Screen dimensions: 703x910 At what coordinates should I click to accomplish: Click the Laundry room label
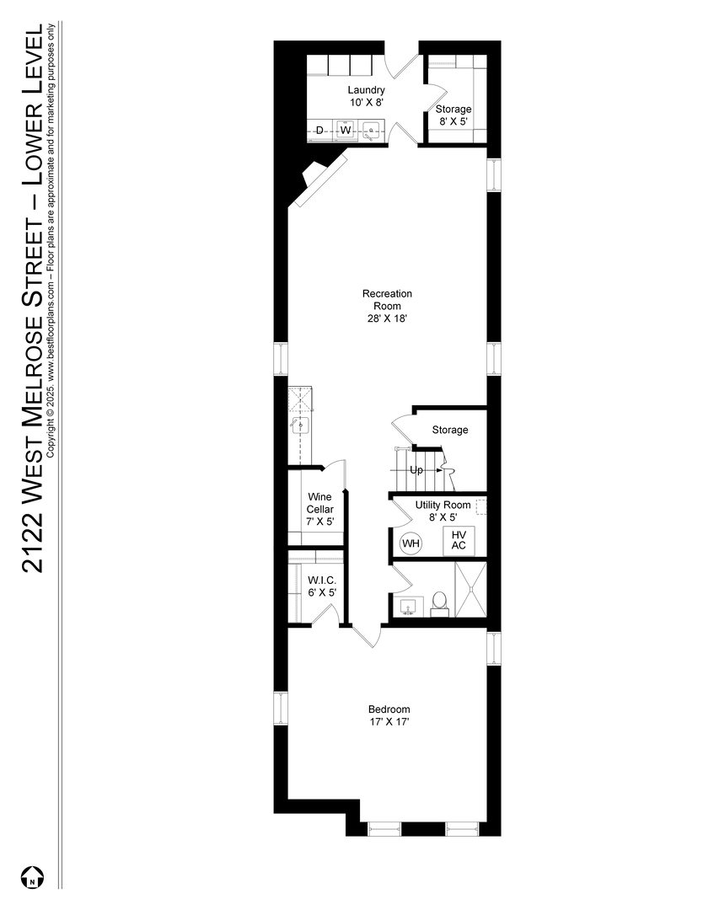[x=367, y=90]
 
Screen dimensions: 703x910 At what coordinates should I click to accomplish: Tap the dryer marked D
[x=319, y=130]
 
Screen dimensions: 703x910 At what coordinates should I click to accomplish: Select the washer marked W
[x=346, y=130]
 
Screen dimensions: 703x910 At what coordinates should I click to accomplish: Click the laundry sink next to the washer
[x=370, y=130]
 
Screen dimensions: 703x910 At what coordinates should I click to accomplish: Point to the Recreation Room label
[x=387, y=299]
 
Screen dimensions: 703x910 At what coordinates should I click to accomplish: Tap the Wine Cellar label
[x=319, y=502]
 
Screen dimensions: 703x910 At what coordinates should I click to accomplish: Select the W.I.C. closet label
[x=322, y=580]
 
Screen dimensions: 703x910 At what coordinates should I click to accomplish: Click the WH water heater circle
[x=411, y=543]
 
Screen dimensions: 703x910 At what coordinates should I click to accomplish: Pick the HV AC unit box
[x=459, y=540]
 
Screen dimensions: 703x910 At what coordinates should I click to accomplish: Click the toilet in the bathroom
[x=439, y=603]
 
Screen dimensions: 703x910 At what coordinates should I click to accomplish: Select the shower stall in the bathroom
[x=470, y=589]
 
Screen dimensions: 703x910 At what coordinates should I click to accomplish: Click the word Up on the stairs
[x=416, y=470]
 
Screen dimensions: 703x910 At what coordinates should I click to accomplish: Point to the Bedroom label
[x=389, y=709]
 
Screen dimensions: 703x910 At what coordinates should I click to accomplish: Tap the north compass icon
[x=33, y=876]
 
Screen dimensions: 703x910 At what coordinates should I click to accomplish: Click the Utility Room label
[x=443, y=505]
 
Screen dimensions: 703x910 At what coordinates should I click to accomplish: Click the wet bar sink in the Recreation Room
[x=301, y=426]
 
